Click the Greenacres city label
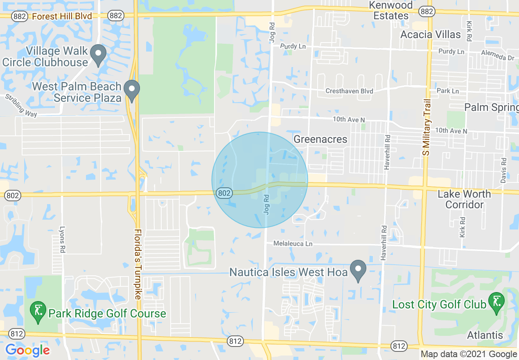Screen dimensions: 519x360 coord(320,139)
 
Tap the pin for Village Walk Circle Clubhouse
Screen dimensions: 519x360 coord(98,55)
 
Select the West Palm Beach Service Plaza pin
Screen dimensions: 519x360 coord(132,91)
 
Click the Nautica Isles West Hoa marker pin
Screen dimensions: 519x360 coord(359,270)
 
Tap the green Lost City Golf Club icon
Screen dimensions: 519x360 coord(496,303)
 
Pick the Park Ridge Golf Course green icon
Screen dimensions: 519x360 coord(38,313)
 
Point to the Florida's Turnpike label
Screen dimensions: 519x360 coord(138,264)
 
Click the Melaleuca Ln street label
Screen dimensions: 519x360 coord(293,243)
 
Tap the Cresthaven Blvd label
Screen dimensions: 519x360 coord(349,91)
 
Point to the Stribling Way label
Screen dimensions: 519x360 coord(21,106)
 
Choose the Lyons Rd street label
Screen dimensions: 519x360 coord(62,239)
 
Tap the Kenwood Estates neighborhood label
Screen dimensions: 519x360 coord(391,11)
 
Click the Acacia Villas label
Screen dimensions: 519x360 coord(431,34)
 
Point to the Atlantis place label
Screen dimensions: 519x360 coord(485,335)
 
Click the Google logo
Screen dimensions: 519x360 coord(27,350)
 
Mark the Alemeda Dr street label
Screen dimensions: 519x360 coord(498,55)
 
